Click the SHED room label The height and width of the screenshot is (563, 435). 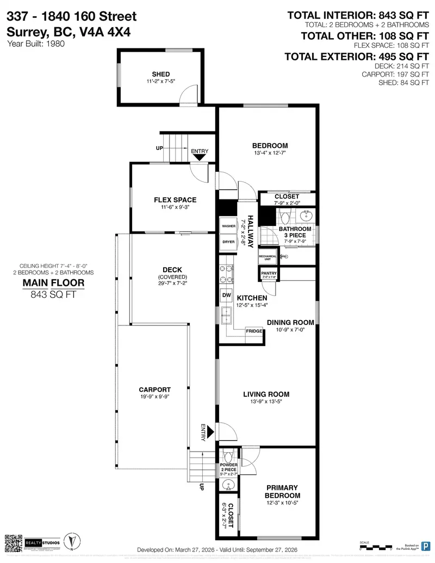click(160, 74)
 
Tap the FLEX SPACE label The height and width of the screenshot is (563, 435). click(175, 200)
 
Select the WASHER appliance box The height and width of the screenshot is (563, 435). click(228, 226)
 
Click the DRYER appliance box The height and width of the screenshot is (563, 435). click(228, 242)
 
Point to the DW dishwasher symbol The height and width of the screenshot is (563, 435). click(226, 295)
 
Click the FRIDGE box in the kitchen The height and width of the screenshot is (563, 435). click(254, 331)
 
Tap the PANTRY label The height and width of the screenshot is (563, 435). click(269, 273)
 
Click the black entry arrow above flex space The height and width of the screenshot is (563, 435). click(199, 157)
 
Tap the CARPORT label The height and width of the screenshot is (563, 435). click(154, 390)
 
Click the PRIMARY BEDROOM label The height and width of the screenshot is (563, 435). click(282, 492)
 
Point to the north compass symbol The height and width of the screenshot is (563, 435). click(70, 541)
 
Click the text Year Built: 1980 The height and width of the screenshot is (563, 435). click(36, 44)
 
